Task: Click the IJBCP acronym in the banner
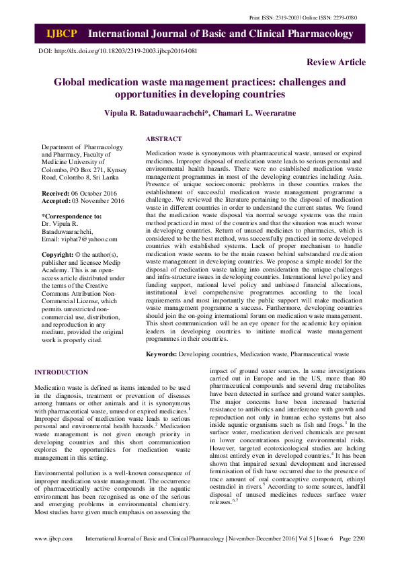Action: pos(62,34)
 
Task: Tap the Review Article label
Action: pos(336,63)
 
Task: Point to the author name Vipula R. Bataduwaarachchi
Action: pos(155,112)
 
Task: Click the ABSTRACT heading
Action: pos(164,139)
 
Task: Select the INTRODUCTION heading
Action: pos(61,372)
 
